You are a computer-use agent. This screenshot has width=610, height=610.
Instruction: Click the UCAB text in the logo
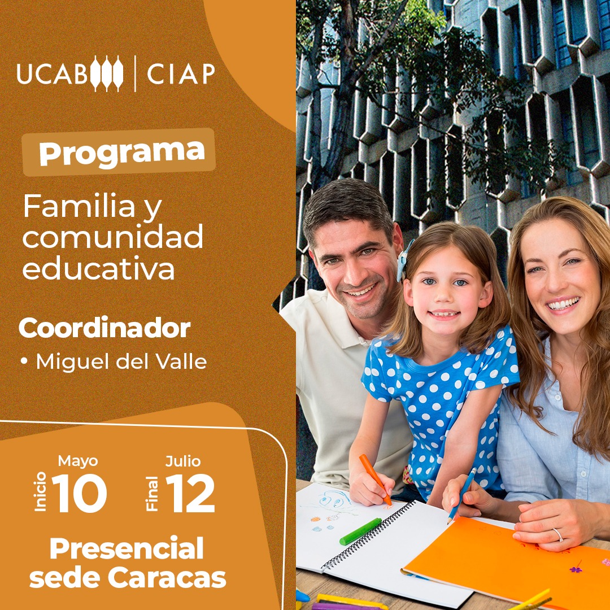pyautogui.click(x=52, y=73)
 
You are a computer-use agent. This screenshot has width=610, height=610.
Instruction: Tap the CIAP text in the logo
pyautogui.click(x=181, y=73)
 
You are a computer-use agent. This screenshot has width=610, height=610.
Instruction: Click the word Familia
pyautogui.click(x=79, y=206)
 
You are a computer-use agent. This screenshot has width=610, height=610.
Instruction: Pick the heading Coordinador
pyautogui.click(x=104, y=328)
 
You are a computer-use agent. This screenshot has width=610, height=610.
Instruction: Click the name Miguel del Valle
pyautogui.click(x=121, y=361)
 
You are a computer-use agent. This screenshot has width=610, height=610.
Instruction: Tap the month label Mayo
pyautogui.click(x=78, y=461)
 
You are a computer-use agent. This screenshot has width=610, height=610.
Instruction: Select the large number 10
pyautogui.click(x=80, y=493)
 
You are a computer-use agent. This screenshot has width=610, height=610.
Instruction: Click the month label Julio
pyautogui.click(x=183, y=461)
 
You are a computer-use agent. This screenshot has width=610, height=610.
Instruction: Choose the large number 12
pyautogui.click(x=190, y=494)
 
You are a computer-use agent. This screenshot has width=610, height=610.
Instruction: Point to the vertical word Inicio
pyautogui.click(x=41, y=491)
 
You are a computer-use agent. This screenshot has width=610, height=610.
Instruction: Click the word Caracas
pyautogui.click(x=167, y=578)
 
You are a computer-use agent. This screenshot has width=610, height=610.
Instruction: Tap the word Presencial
pyautogui.click(x=127, y=548)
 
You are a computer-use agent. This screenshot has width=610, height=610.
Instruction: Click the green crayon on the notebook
pyautogui.click(x=360, y=531)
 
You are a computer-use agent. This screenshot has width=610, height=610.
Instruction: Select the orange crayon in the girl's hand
pyautogui.click(x=374, y=479)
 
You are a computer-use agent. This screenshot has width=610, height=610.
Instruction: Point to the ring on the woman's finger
pyautogui.click(x=558, y=534)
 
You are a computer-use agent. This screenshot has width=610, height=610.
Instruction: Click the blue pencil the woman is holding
pyautogui.click(x=462, y=495)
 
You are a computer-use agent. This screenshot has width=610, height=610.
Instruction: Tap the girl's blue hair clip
pyautogui.click(x=403, y=259)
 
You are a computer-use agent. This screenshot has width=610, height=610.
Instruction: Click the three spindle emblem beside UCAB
pyautogui.click(x=107, y=73)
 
